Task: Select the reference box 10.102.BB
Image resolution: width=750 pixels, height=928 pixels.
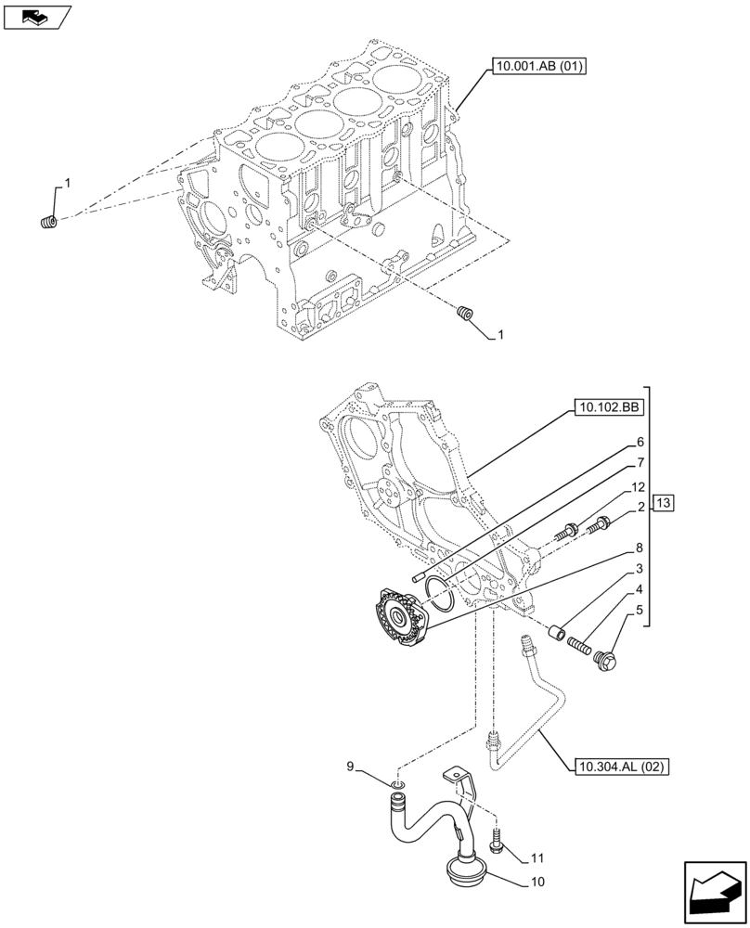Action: click(x=609, y=406)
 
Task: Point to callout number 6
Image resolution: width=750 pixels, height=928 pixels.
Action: click(x=640, y=443)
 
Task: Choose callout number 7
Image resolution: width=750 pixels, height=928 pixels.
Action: click(x=640, y=463)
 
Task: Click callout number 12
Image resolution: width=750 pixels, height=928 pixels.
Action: click(x=640, y=485)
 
